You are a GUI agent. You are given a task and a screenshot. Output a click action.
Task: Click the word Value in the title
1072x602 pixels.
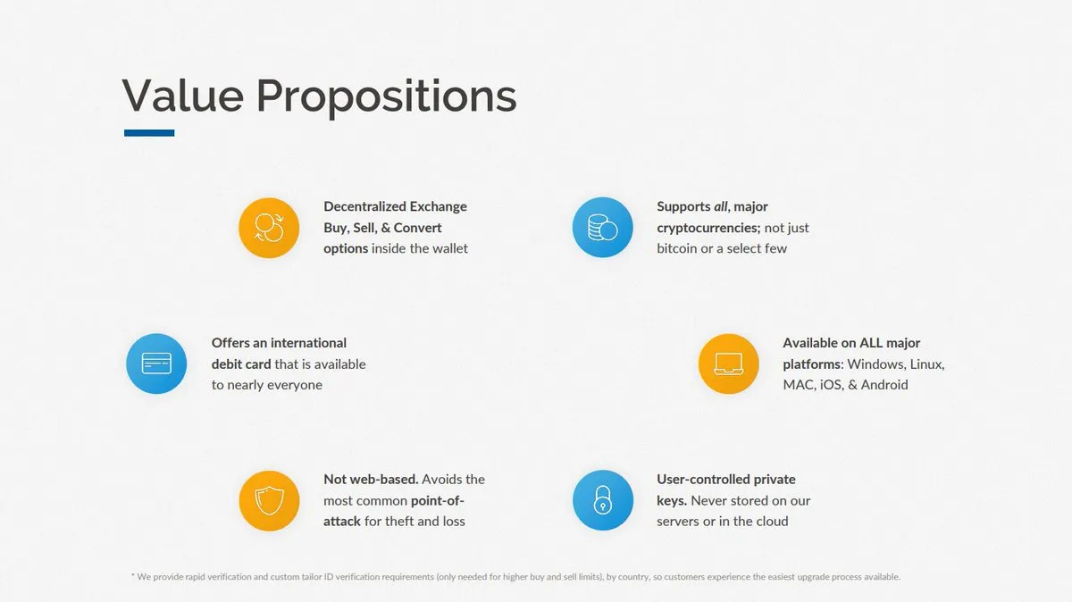183,96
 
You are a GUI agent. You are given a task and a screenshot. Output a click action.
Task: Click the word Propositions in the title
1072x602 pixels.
387,98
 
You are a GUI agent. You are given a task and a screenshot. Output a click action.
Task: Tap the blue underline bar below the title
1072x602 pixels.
149,132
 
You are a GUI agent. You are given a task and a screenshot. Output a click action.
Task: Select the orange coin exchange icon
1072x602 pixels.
269,228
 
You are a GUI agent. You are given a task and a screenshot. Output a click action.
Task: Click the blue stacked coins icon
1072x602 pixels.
602,227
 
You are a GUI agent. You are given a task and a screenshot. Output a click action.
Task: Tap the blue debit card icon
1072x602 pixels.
156,364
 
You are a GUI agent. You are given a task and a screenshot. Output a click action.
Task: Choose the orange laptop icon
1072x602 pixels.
728,364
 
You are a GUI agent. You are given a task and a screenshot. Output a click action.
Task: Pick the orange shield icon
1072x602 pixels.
269,500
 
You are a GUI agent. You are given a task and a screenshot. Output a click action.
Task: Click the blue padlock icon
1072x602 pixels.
602,500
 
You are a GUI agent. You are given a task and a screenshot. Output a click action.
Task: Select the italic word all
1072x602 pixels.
721,206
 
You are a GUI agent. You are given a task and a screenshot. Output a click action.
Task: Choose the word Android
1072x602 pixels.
884,385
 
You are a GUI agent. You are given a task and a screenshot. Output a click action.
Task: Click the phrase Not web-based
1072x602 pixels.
371,479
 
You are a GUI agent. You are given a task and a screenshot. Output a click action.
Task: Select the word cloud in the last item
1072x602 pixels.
772,521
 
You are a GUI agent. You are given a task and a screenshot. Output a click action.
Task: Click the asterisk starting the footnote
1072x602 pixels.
132,574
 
